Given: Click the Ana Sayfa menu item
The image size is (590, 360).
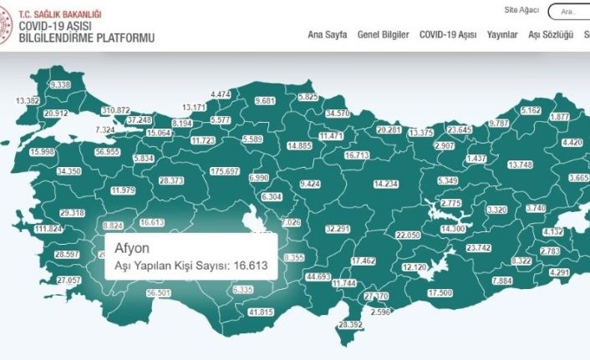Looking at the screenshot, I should click(327, 34).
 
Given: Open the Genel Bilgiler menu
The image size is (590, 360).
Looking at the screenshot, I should click(383, 34).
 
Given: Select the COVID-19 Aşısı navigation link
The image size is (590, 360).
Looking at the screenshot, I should click(448, 34).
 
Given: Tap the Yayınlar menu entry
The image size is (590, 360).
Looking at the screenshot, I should click(502, 34).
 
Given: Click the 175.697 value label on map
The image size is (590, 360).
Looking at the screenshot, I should click(225, 171).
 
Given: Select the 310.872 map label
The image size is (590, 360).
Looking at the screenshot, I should click(115, 110).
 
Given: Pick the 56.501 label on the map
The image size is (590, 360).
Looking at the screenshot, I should click(157, 293).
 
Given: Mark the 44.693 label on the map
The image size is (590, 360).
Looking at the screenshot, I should click(318, 276).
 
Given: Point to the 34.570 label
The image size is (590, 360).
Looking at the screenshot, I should click(338, 113).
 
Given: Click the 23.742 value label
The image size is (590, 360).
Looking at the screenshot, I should click(478, 247).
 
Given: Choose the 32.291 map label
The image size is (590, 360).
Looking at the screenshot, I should click(337, 228).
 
